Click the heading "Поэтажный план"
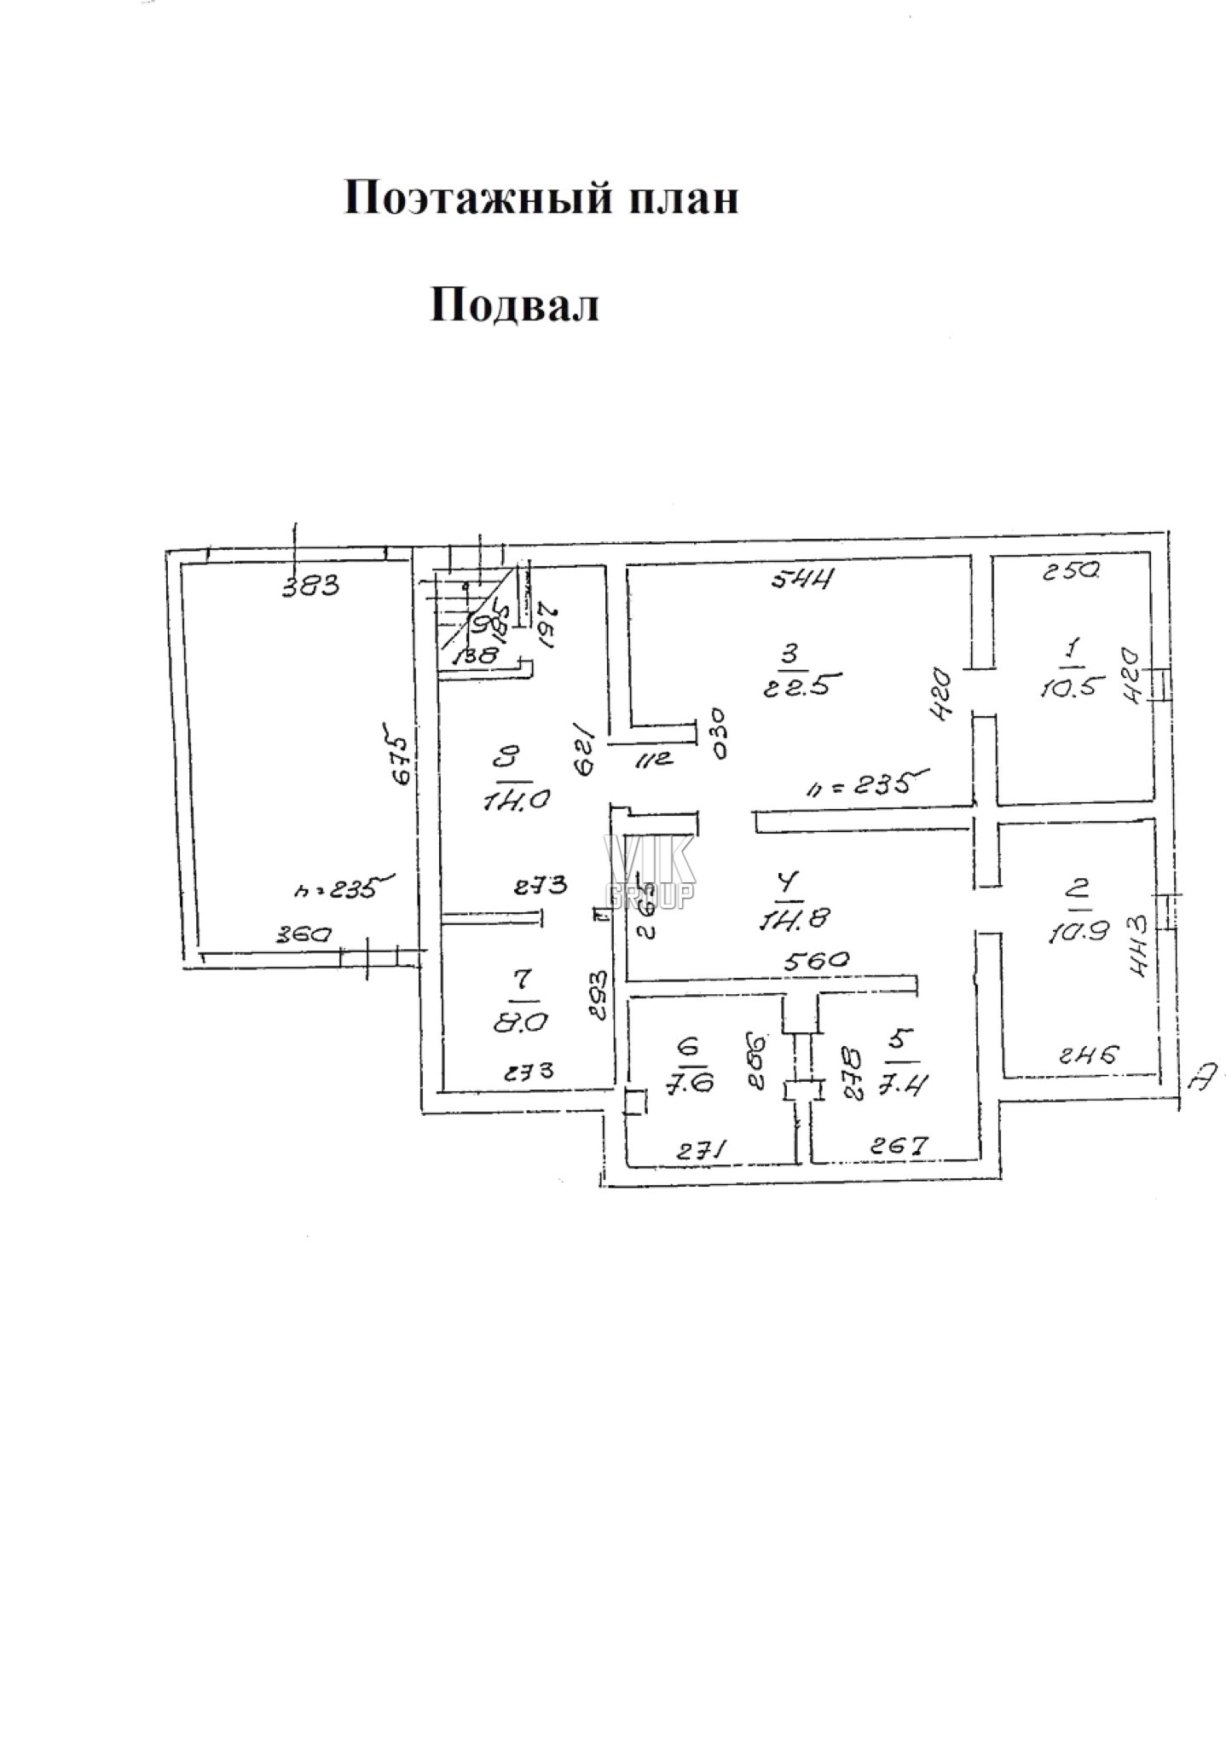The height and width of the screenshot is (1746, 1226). click(541, 199)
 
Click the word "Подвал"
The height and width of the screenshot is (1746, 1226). click(514, 305)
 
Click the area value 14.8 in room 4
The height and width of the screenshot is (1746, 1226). click(793, 918)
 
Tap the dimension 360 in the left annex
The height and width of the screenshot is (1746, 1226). click(303, 934)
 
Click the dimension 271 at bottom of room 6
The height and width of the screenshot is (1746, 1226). click(701, 1151)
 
